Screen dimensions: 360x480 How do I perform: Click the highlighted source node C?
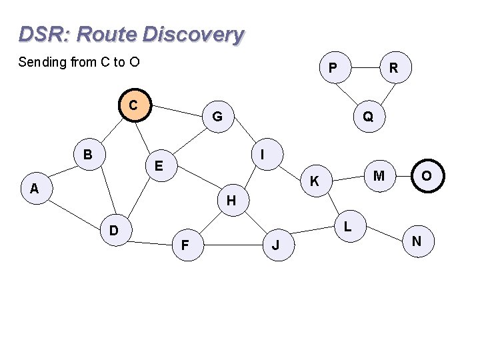click(134, 105)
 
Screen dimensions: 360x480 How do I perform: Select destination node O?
click(426, 175)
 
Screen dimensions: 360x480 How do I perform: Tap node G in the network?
click(217, 117)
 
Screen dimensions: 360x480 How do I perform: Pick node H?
click(231, 199)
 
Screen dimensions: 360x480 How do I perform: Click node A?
click(34, 189)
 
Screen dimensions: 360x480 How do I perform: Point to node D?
click(114, 231)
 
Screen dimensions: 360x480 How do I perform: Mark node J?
click(275, 246)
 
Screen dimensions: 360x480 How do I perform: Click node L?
click(348, 227)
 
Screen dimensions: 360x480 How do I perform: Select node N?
click(417, 241)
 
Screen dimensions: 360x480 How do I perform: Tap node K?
click(315, 181)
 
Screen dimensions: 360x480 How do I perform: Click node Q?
click(368, 117)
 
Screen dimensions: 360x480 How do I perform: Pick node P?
click(333, 68)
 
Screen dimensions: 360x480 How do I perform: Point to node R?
click(394, 68)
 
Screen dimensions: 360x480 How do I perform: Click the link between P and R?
click(363, 67)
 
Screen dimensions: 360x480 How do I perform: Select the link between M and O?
click(403, 175)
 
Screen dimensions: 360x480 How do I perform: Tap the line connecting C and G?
click(177, 111)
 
